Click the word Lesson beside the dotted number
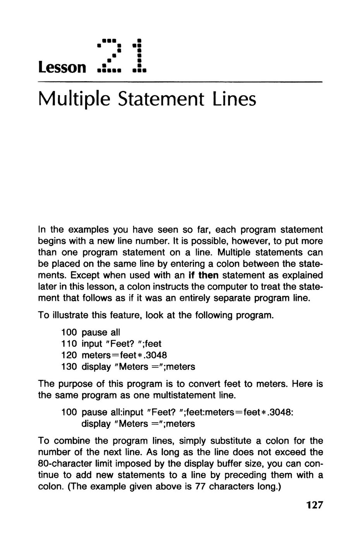(62, 67)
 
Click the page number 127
(314, 505)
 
